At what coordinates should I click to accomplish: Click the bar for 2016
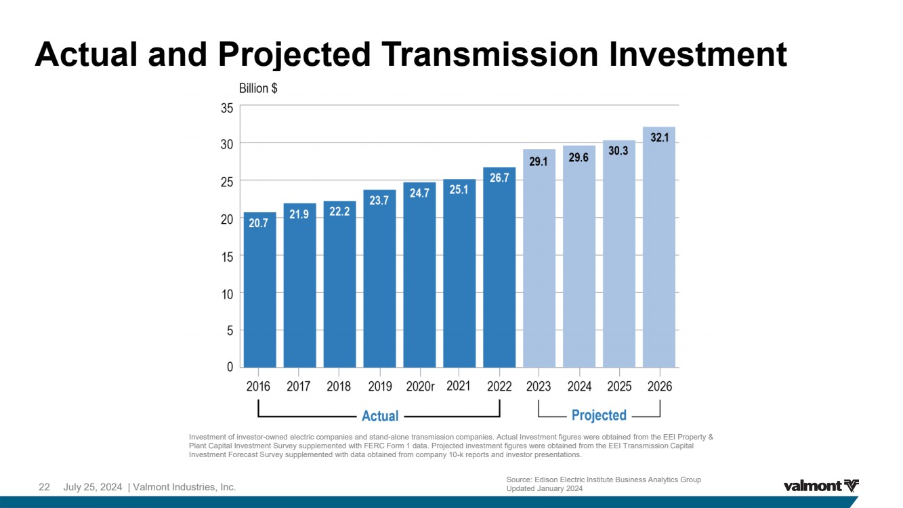(x=259, y=290)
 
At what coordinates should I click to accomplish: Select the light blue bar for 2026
(x=658, y=247)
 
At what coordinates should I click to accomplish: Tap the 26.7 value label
(x=499, y=178)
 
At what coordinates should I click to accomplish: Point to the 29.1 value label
(x=538, y=162)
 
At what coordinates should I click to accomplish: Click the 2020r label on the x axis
(x=420, y=387)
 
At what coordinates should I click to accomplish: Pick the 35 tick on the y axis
(x=227, y=108)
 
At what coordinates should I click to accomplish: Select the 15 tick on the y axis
(x=227, y=256)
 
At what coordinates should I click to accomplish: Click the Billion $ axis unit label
(x=258, y=88)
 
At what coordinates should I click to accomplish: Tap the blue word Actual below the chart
(x=380, y=416)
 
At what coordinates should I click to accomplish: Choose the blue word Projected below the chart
(x=599, y=415)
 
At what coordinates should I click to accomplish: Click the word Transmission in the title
(x=490, y=54)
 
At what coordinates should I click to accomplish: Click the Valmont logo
(x=821, y=486)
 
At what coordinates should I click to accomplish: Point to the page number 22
(x=44, y=487)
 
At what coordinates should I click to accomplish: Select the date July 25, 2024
(x=92, y=487)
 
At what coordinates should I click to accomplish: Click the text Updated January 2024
(x=544, y=488)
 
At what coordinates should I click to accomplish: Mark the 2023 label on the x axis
(x=538, y=387)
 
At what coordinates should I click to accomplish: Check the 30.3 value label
(x=618, y=151)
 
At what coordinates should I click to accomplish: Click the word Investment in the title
(x=698, y=54)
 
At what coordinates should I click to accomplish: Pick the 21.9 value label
(x=299, y=214)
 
